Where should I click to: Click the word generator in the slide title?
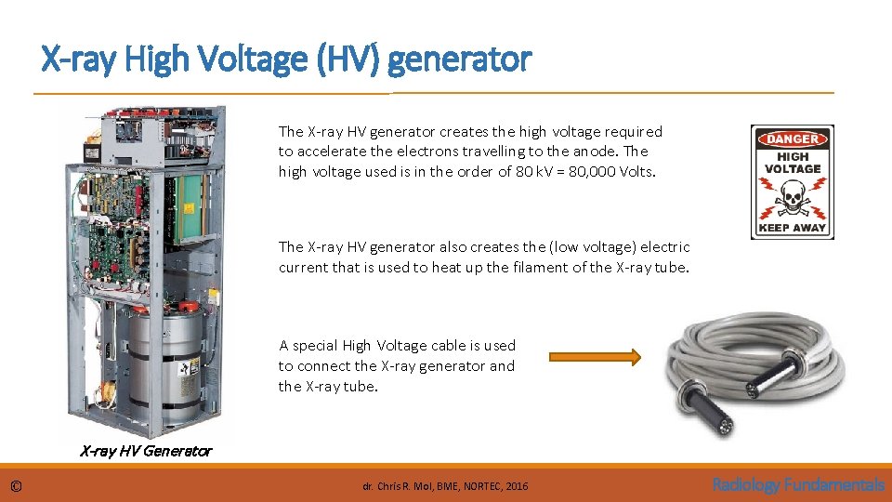click(460, 59)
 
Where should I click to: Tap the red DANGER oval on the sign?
click(793, 139)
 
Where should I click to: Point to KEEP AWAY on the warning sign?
click(793, 228)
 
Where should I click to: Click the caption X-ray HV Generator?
click(146, 452)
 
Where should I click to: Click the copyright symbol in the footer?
click(17, 485)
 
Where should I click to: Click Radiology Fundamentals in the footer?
click(798, 484)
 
